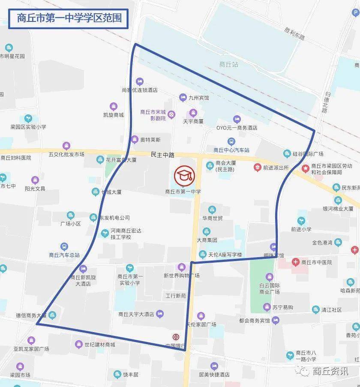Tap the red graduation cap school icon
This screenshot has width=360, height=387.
tap(184, 176)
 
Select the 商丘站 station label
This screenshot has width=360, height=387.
tap(228, 65)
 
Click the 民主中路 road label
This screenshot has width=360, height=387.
tap(163, 154)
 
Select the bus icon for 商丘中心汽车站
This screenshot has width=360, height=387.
tap(231, 141)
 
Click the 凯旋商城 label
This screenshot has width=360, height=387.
tap(114, 115)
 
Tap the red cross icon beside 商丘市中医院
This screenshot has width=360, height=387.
tap(295, 262)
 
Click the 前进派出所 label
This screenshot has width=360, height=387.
tap(276, 168)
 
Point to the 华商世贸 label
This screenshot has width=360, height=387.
tap(213, 218)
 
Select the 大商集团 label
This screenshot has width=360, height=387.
tap(207, 240)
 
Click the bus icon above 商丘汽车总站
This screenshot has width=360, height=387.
tap(64, 246)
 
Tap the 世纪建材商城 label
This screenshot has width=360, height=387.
tap(100, 345)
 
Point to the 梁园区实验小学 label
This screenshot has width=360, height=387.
tap(28, 127)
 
